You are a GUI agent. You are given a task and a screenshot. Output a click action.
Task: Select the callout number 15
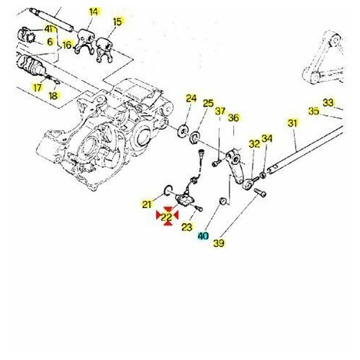click(117, 22)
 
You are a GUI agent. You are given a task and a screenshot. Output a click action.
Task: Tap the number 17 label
click(37, 89)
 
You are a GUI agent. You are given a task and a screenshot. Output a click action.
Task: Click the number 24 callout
click(191, 99)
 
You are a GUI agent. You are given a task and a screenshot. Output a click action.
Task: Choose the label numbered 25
click(207, 104)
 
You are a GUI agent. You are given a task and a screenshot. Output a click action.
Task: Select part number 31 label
click(292, 124)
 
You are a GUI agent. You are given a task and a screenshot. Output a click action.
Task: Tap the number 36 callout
click(233, 118)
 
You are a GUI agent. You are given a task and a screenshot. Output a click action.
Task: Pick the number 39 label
click(218, 244)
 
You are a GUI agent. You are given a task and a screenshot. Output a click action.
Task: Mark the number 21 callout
click(148, 203)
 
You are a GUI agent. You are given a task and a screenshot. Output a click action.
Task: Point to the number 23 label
click(186, 228)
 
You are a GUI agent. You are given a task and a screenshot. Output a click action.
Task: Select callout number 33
click(328, 102)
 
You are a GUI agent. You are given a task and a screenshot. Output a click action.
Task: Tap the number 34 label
click(267, 139)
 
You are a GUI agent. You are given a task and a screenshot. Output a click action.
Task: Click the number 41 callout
click(49, 28)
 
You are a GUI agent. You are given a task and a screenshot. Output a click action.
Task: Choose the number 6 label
click(50, 42)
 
